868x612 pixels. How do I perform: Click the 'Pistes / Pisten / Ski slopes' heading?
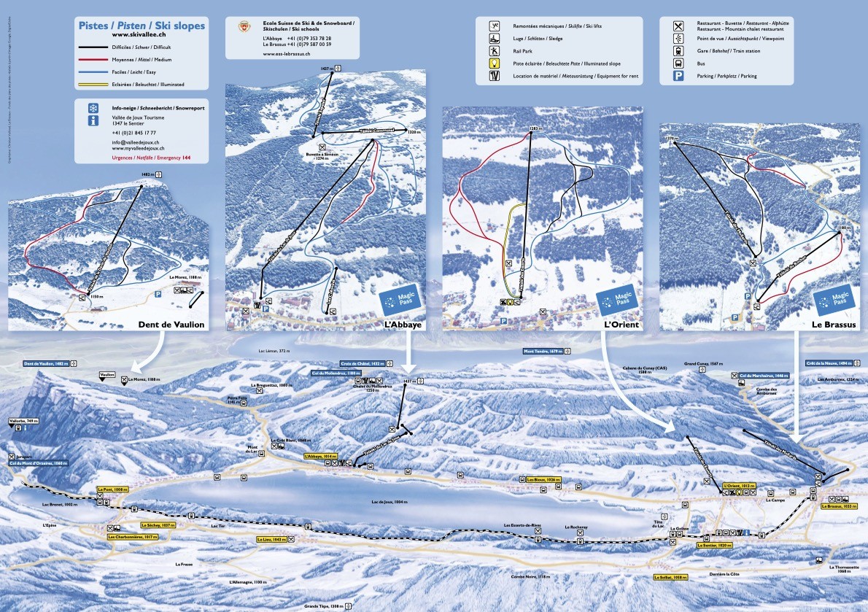(x=142, y=26)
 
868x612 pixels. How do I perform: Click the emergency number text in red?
(x=151, y=158)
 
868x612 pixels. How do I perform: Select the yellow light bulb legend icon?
(x=495, y=64)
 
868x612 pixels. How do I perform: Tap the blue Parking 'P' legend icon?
(x=678, y=76)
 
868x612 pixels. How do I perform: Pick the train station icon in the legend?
(x=678, y=51)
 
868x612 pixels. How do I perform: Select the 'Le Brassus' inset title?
(x=833, y=325)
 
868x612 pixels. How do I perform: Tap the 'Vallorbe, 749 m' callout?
(x=23, y=421)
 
